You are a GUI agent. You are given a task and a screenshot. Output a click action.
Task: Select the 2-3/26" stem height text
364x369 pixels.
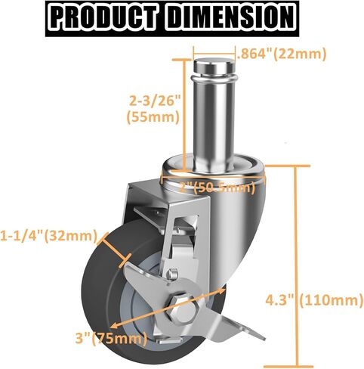coord(154,101)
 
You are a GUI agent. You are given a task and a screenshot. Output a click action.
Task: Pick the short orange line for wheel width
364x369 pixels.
coord(111,243)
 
